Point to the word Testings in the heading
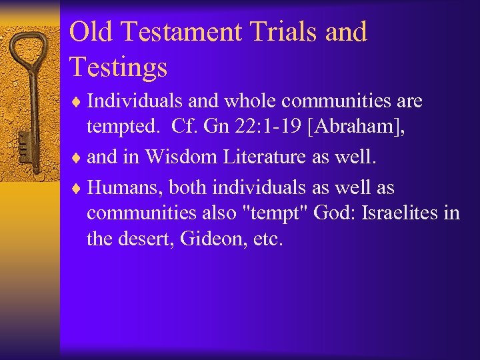click(118, 67)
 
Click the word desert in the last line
click(139, 239)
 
